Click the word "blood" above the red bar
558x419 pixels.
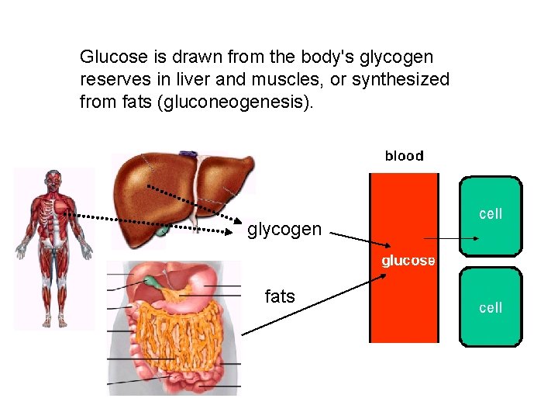[x=404, y=156]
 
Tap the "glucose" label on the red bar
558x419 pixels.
[x=408, y=261]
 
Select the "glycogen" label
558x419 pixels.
[x=284, y=229]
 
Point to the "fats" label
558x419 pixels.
[x=280, y=296]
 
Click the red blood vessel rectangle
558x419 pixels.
[x=404, y=303]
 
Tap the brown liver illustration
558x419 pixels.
[x=178, y=186]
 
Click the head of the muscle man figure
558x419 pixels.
[x=53, y=180]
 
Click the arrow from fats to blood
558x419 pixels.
[x=310, y=306]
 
